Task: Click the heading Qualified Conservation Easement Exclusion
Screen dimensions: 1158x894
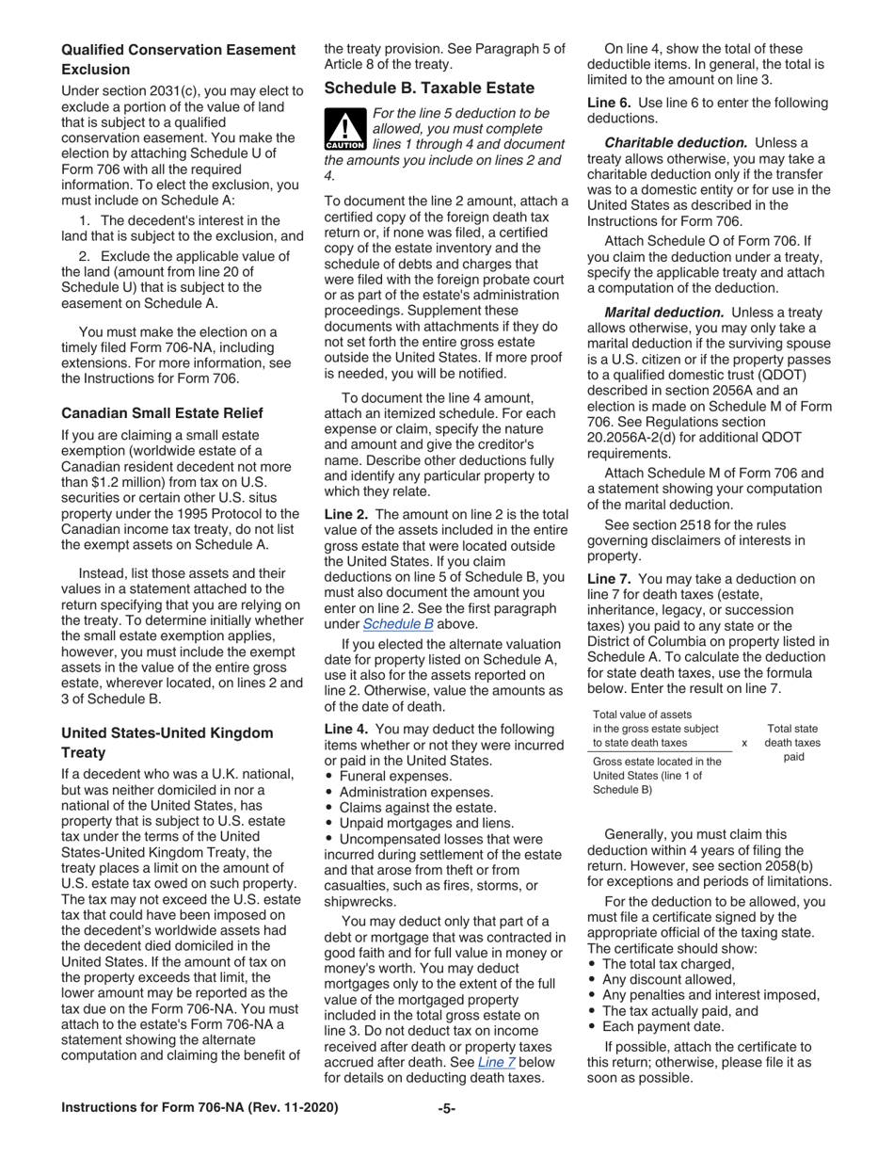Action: coord(178,59)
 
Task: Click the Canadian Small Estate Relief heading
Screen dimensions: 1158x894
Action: coord(162,413)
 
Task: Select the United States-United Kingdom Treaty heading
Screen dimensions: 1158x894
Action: coord(167,743)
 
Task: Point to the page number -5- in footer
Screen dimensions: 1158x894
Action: coord(446,1108)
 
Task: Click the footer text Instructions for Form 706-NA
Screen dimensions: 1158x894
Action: coord(200,1108)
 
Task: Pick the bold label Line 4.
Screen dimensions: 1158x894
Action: coord(345,729)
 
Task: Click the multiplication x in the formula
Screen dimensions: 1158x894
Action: coord(744,743)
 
